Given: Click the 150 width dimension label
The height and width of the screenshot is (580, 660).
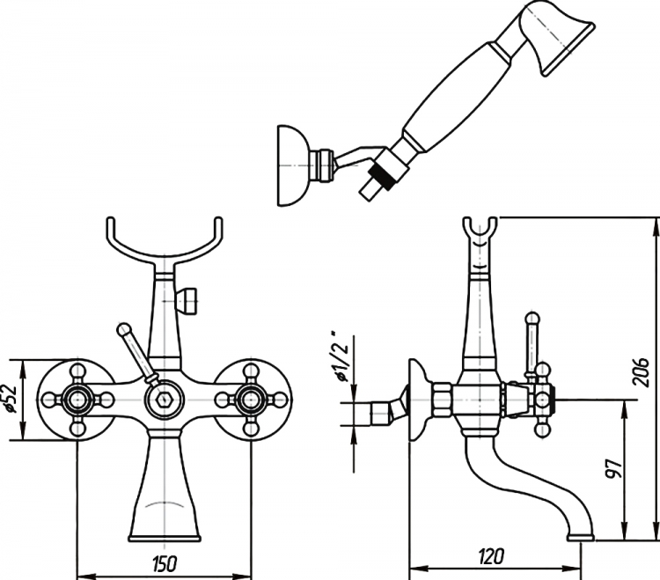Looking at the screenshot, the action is [165, 564].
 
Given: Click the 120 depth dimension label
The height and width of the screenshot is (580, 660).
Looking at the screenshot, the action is [491, 556].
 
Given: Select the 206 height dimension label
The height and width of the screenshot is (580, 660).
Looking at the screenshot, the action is [641, 372].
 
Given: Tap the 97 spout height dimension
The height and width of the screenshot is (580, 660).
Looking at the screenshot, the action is [613, 468].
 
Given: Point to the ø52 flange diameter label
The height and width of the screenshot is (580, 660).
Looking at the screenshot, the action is [11, 399].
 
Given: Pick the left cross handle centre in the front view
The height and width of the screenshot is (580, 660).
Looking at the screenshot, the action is [77, 398].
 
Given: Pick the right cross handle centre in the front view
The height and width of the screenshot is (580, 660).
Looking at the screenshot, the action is [252, 398].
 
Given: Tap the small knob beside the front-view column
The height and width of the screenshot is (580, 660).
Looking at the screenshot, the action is [187, 301].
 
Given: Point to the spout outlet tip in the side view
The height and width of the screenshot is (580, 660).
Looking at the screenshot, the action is [582, 537].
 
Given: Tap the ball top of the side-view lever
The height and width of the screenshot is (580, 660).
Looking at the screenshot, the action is [532, 318].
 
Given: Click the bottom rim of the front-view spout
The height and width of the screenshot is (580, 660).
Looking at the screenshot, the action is [165, 538].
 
